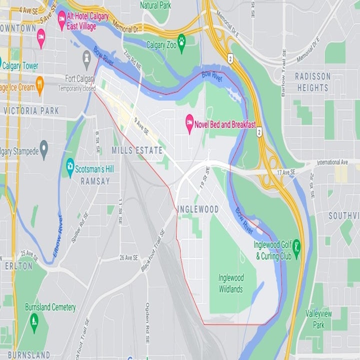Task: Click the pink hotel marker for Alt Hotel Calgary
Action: click(62, 19)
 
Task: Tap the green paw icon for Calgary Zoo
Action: click(181, 45)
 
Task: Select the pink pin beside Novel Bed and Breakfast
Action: click(189, 123)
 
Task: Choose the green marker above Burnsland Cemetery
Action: click(34, 319)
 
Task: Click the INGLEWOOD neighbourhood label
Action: click(198, 209)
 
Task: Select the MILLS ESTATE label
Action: click(137, 150)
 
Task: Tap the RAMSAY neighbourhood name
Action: click(95, 181)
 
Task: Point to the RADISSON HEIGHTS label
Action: click(312, 82)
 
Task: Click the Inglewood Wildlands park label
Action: click(230, 283)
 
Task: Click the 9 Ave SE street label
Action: click(141, 125)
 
